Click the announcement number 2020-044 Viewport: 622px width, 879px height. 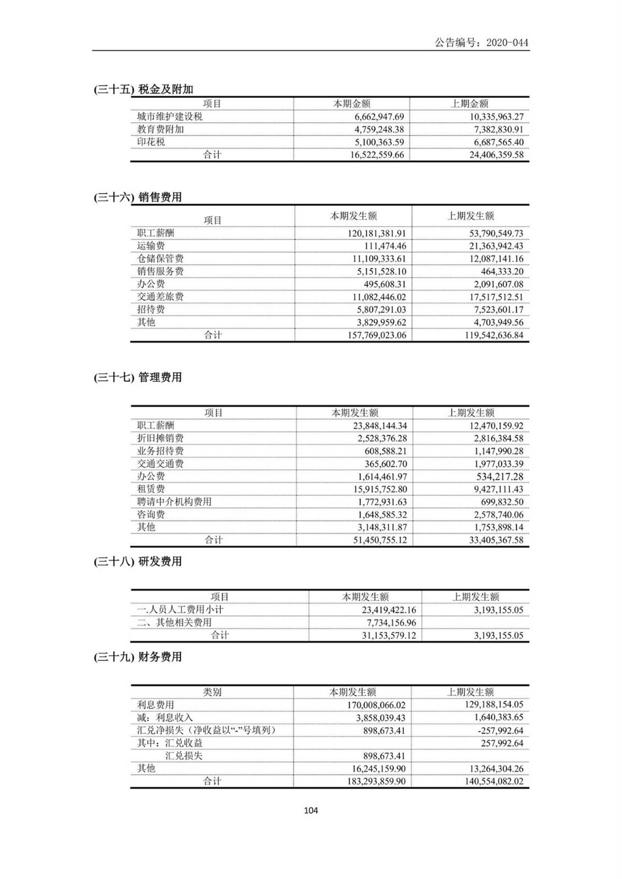[482, 43]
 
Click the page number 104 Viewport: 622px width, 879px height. [311, 811]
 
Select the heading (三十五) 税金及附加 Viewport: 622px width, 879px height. [144, 89]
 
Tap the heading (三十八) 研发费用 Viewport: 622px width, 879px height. [138, 561]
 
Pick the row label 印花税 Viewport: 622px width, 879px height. [151, 142]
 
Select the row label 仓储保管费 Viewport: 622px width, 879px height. [160, 258]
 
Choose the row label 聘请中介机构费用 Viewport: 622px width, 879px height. [174, 502]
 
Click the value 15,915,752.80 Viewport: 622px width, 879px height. [375, 489]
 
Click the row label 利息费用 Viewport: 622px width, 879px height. [155, 705]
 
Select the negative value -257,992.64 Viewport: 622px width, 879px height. [496, 730]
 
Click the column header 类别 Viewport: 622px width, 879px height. [212, 692]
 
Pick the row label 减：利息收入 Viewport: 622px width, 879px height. [165, 718]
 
